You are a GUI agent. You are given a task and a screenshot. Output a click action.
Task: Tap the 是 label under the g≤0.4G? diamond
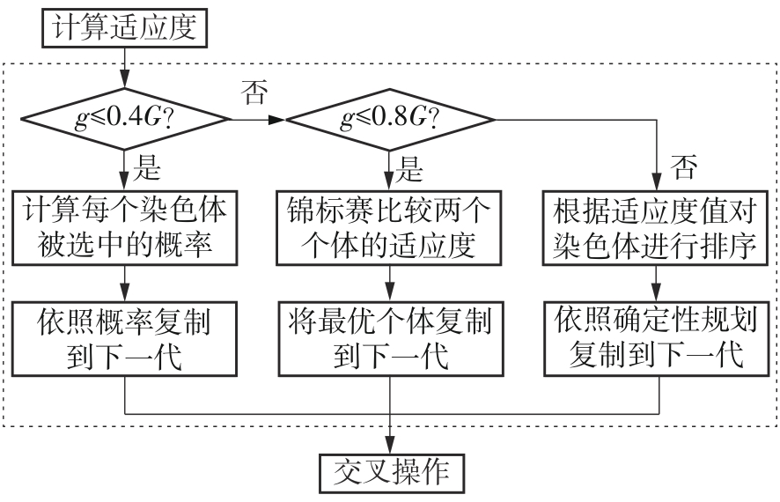[x=146, y=165]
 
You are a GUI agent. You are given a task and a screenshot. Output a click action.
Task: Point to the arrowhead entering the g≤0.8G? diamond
[x=280, y=117]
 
